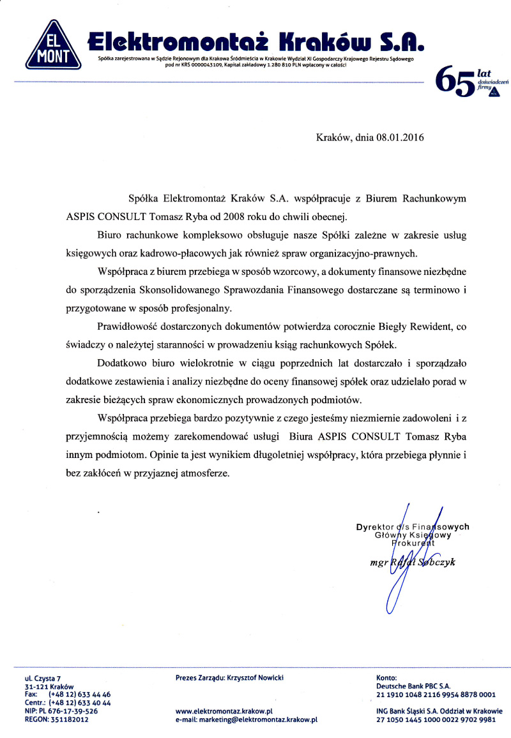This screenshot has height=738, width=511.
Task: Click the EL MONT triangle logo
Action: [x=53, y=47]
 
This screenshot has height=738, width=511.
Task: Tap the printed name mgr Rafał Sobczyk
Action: [x=412, y=562]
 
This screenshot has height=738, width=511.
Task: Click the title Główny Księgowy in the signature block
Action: [x=413, y=536]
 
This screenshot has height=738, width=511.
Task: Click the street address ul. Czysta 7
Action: [x=43, y=679]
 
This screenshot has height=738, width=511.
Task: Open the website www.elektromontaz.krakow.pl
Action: [x=224, y=711]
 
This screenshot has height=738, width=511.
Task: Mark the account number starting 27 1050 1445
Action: [x=436, y=719]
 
